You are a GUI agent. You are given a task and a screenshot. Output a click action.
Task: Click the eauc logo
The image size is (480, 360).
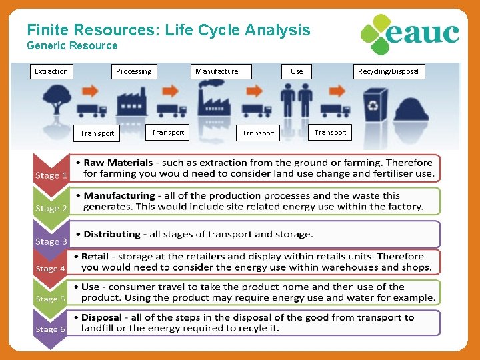tap(409, 34)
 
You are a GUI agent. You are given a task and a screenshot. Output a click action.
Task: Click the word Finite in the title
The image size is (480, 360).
tap(49, 30)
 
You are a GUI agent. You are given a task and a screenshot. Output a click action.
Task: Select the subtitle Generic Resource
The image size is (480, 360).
tap(72, 46)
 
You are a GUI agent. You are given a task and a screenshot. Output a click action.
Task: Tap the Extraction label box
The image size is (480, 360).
tap(51, 71)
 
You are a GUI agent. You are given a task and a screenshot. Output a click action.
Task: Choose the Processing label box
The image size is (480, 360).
tap(133, 71)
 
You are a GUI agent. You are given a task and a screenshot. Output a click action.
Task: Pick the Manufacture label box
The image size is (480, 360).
tap(217, 71)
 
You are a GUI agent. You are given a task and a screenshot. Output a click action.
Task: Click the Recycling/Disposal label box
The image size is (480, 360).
tap(388, 71)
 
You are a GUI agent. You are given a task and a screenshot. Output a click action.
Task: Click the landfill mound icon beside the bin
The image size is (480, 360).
tap(411, 108)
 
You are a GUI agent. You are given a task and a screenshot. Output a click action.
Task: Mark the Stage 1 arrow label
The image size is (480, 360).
tap(51, 175)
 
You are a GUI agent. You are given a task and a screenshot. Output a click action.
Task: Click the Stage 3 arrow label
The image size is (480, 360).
tap(51, 241)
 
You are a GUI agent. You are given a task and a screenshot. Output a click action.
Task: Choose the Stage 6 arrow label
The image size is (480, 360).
tap(51, 329)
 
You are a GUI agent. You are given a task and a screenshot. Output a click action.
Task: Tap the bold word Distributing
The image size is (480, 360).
tap(112, 234)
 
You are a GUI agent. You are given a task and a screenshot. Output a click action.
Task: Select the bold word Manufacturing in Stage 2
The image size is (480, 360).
tap(119, 196)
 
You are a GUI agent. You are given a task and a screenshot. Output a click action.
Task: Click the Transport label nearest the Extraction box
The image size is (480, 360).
tap(97, 133)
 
